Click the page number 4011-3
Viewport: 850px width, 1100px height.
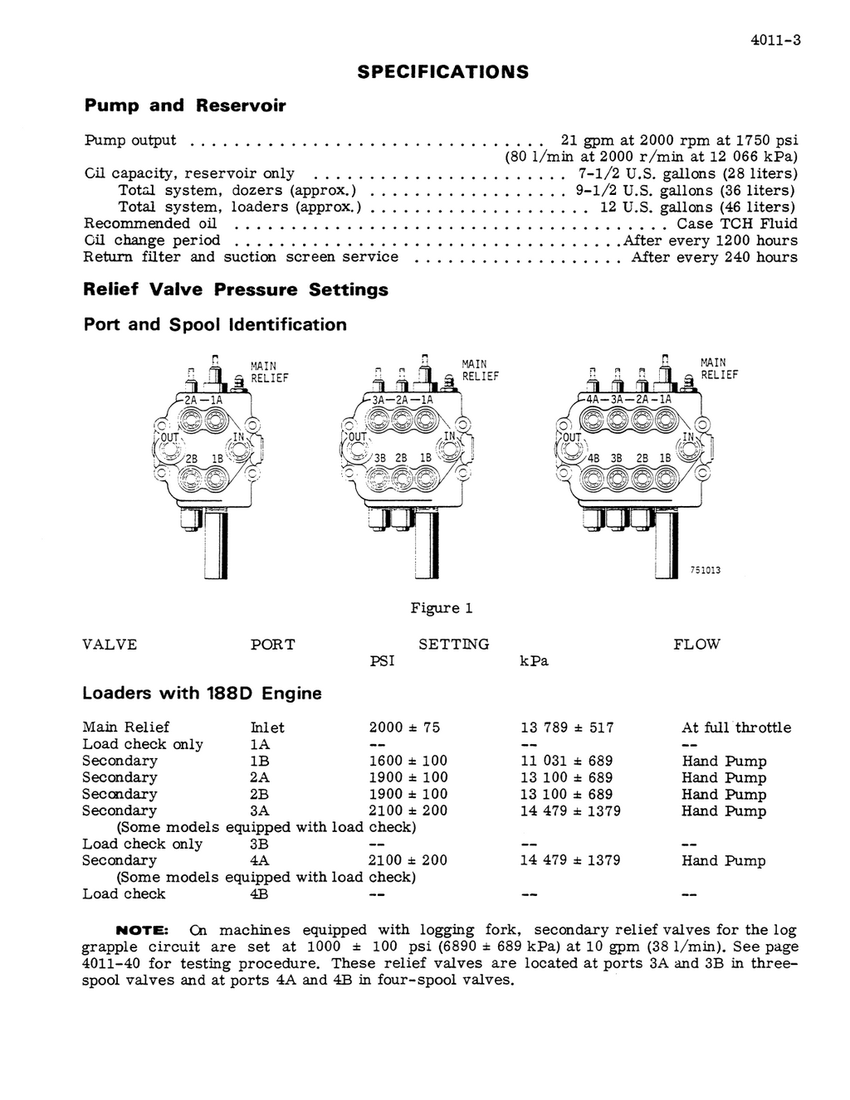[x=774, y=40]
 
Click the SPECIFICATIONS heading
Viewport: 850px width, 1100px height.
[x=442, y=71]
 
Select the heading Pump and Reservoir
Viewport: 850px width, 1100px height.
[x=184, y=105]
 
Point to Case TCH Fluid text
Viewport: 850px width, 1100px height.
[x=736, y=223]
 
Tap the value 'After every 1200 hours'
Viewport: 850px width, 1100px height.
[x=711, y=240]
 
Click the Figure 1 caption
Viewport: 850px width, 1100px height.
[x=441, y=608]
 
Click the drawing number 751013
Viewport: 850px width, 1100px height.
[x=704, y=570]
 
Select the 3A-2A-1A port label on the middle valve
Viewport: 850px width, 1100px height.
[x=402, y=399]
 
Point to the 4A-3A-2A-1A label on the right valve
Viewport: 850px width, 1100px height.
[x=628, y=399]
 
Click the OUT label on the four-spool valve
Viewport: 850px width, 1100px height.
[x=572, y=437]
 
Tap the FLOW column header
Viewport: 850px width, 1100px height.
[x=696, y=645]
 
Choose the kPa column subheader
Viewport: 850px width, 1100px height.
[x=534, y=661]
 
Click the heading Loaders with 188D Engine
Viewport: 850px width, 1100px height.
[x=202, y=693]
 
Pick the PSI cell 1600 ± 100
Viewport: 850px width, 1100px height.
[x=408, y=761]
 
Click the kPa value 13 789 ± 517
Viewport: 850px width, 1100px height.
[x=567, y=728]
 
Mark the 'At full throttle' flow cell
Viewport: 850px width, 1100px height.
[x=736, y=728]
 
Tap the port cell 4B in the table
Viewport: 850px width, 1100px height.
[x=259, y=893]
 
